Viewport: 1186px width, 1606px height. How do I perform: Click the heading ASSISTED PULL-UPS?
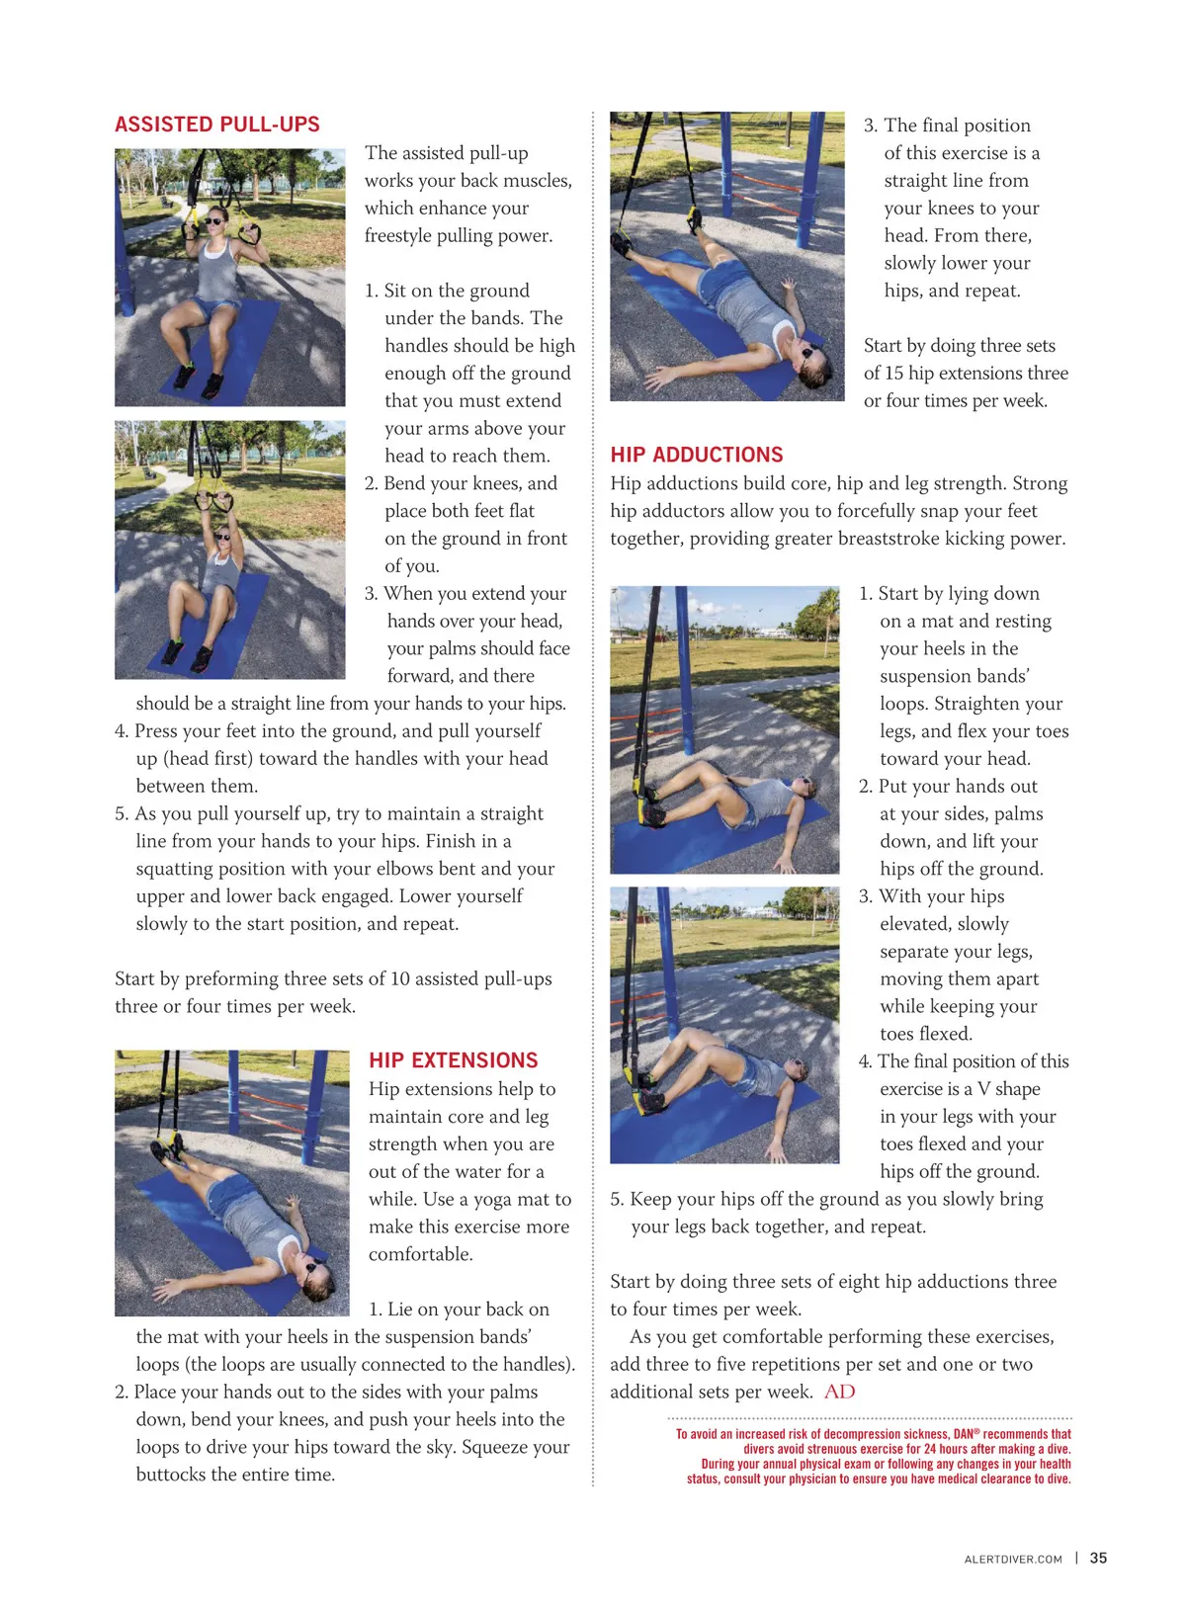click(x=217, y=125)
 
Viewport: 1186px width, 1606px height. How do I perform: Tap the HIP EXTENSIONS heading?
click(x=453, y=1060)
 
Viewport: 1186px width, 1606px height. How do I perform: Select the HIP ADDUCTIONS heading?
click(x=696, y=455)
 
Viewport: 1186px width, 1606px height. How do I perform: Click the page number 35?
click(x=1098, y=1558)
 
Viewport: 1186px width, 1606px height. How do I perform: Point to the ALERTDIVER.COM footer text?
click(x=1013, y=1559)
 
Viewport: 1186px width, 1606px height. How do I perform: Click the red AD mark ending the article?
click(x=839, y=1392)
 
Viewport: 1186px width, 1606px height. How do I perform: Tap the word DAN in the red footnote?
click(x=963, y=1434)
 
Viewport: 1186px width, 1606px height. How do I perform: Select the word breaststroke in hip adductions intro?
click(x=897, y=539)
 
